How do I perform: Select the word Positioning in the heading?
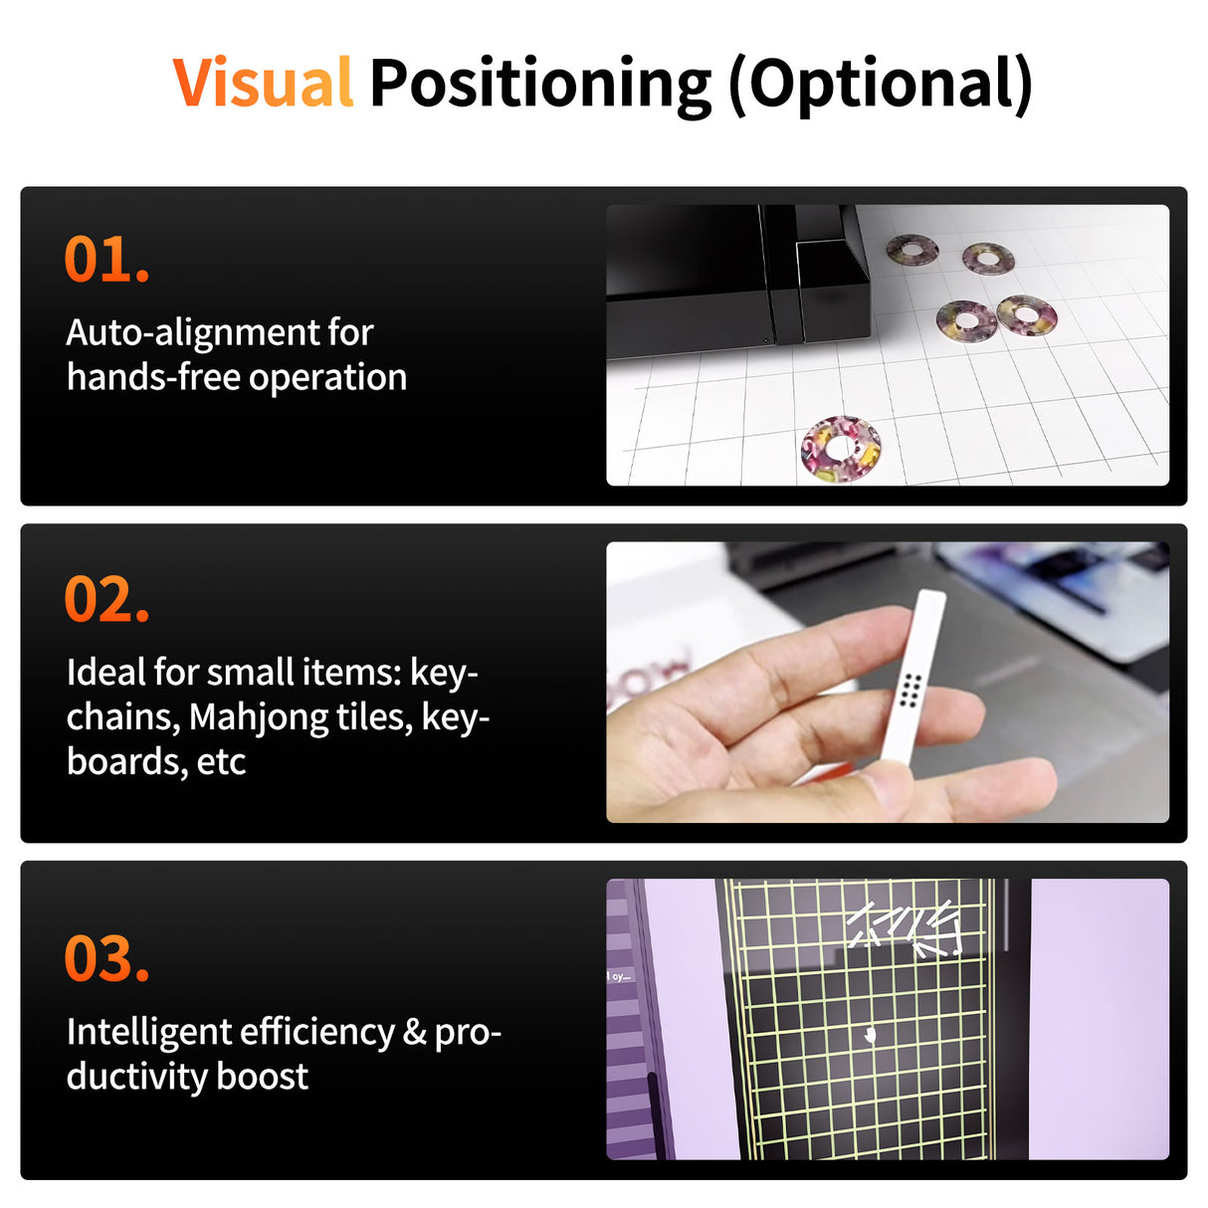tap(540, 84)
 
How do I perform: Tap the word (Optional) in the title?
tap(881, 84)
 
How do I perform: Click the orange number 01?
tap(106, 260)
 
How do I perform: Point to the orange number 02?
tap(106, 599)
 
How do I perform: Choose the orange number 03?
tap(106, 958)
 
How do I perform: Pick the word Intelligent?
tap(148, 1032)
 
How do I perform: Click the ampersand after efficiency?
tap(414, 1032)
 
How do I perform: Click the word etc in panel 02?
tap(221, 761)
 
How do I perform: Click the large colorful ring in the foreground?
tap(841, 449)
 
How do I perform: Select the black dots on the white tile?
tap(908, 689)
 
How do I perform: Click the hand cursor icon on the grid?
tap(871, 1035)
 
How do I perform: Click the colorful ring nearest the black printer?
tap(911, 250)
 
